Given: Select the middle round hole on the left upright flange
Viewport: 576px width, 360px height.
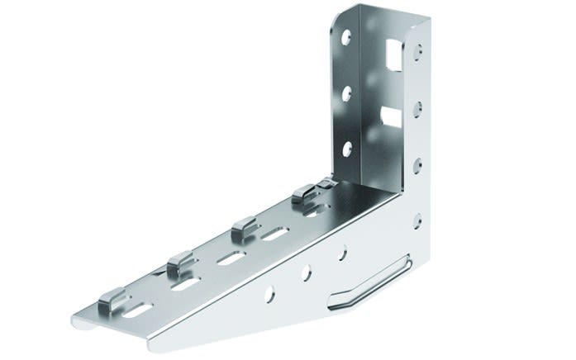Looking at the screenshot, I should click(x=347, y=92).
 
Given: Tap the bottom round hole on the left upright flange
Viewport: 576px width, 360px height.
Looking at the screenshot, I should click(x=347, y=149).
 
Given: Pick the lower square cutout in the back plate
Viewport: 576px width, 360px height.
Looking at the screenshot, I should click(x=392, y=116).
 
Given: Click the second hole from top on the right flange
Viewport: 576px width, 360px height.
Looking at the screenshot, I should click(x=417, y=107).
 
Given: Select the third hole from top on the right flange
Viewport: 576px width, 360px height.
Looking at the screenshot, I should click(x=417, y=163).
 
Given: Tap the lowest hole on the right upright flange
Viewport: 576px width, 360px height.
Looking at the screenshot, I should click(x=417, y=220).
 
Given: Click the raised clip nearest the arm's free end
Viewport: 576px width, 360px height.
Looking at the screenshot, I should click(x=113, y=301).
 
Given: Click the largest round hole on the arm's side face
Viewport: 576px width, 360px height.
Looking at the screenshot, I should click(x=270, y=292).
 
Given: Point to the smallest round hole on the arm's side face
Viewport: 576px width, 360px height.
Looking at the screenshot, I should click(x=341, y=253).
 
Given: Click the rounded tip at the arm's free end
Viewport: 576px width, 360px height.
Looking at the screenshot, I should click(x=79, y=319).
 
